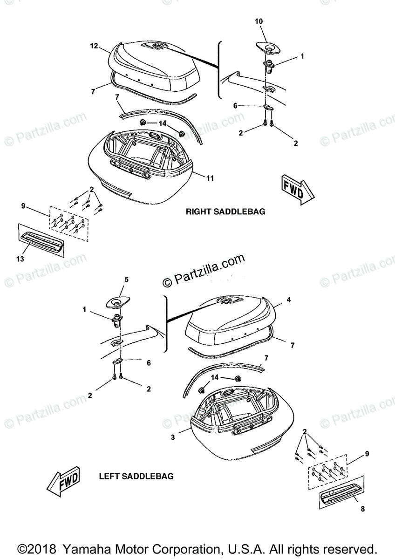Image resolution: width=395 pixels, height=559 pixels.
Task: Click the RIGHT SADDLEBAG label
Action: click(x=225, y=211)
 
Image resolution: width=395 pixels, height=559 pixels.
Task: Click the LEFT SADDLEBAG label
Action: click(x=136, y=477)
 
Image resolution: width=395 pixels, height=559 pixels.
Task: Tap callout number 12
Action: click(x=94, y=46)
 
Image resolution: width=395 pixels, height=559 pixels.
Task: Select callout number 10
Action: click(x=259, y=21)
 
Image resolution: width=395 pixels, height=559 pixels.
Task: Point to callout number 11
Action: click(x=210, y=178)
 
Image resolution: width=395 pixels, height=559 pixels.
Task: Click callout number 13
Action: click(x=21, y=259)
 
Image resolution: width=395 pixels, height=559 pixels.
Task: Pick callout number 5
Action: click(x=126, y=279)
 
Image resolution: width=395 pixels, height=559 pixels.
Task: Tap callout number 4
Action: click(x=289, y=300)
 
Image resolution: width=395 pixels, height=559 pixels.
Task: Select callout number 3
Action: click(x=173, y=437)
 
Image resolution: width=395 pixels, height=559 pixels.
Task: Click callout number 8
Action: click(x=362, y=510)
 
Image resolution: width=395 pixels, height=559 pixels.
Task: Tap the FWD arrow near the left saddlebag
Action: click(x=64, y=480)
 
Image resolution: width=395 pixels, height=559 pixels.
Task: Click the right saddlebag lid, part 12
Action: click(x=154, y=65)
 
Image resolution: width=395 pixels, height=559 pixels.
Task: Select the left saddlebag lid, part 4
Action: click(x=231, y=321)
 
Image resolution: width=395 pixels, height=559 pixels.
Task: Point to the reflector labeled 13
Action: click(x=41, y=239)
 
